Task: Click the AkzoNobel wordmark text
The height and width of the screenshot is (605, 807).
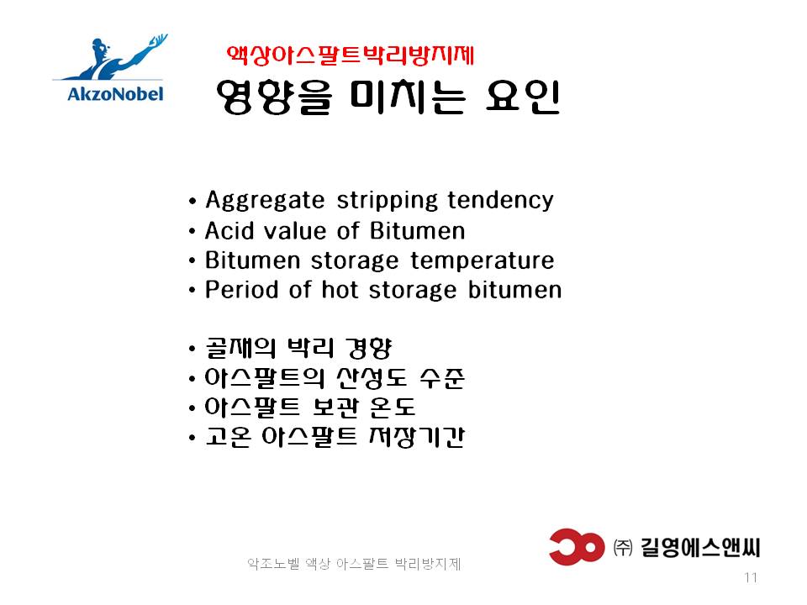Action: point(115,93)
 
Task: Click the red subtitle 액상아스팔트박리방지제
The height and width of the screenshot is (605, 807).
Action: point(350,55)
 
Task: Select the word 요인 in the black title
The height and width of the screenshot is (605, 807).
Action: point(523,97)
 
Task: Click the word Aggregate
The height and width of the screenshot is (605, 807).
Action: point(265,201)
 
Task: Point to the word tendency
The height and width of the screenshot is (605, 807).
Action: point(500,201)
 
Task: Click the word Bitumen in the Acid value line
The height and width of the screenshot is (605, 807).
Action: point(418,230)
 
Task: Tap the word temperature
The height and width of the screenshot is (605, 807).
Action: point(483,260)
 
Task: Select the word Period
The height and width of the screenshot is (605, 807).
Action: point(242,290)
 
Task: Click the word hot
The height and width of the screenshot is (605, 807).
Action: point(340,290)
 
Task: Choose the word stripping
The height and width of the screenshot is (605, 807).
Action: point(386,201)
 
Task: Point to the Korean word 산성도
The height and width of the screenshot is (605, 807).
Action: point(372,378)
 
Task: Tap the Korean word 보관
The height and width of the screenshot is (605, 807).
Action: point(335,408)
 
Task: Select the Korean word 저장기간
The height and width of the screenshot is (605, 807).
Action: point(417,437)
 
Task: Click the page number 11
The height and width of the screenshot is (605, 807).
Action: point(751,577)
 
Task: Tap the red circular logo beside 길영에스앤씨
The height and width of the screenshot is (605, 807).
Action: point(577,546)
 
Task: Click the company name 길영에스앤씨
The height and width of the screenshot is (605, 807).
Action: point(700,547)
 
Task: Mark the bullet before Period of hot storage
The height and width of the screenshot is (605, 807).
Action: point(193,291)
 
